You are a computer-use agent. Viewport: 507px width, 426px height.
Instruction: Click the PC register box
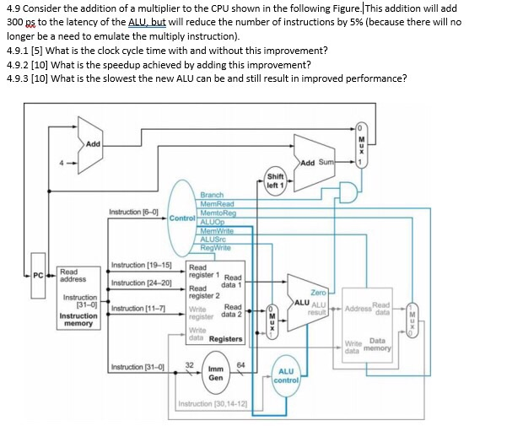tap(39, 272)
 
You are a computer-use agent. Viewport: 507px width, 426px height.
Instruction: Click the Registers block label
tap(225, 338)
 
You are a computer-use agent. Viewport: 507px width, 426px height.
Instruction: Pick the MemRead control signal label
tap(217, 203)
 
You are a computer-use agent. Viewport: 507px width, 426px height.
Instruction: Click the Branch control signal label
tap(212, 195)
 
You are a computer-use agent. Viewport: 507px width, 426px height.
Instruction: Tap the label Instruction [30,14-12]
tap(211, 405)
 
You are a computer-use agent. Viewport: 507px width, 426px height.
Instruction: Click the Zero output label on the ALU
tap(319, 291)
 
